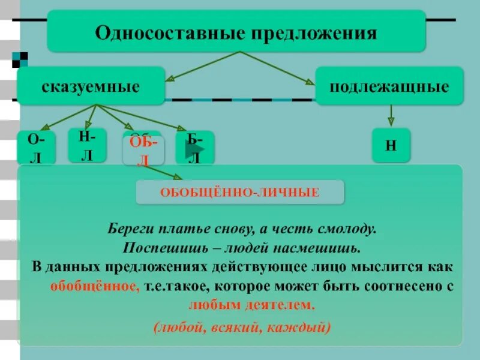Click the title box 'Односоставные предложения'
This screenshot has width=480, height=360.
(236, 31)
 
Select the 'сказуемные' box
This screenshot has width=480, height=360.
(91, 86)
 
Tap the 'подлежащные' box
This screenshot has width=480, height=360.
(389, 86)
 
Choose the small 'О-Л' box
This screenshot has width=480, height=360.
(36, 147)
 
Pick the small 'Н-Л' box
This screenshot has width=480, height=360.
(87, 145)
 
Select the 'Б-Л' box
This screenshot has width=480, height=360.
(194, 147)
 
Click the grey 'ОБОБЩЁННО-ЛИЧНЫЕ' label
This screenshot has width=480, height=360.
(239, 192)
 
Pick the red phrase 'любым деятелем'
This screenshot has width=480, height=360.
(251, 304)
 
